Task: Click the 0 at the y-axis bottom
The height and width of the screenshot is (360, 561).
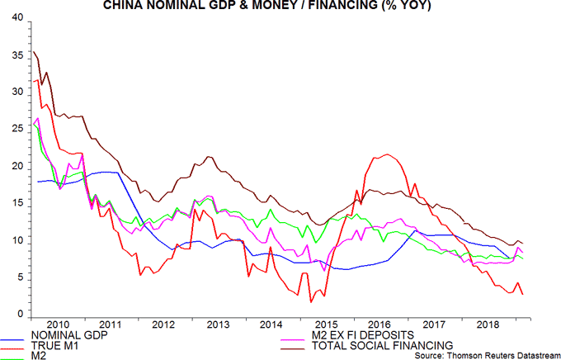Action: click(x=21, y=315)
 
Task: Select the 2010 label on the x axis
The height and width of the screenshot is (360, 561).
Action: click(x=57, y=324)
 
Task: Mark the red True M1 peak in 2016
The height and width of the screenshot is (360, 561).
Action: click(x=385, y=154)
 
